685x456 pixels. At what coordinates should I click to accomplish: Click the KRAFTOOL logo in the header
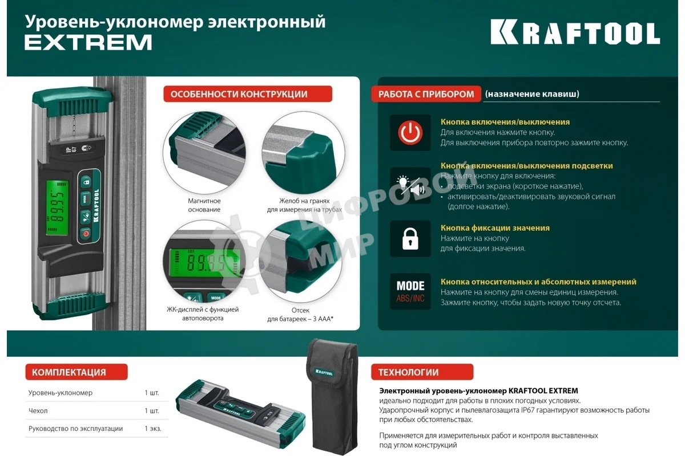[575, 34]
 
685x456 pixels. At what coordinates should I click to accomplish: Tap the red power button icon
[410, 132]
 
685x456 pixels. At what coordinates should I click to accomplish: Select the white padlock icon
[410, 239]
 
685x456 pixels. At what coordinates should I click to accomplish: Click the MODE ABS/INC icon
[410, 291]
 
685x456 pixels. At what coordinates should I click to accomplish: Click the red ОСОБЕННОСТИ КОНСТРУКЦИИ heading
[248, 94]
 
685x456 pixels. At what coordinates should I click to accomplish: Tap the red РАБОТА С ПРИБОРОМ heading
[426, 94]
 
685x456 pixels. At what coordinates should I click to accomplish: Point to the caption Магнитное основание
[204, 205]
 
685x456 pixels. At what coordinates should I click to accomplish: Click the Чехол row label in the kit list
[38, 410]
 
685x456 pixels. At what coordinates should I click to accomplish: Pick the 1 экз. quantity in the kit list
[153, 428]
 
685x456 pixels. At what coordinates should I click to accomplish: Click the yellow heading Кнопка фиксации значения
[495, 228]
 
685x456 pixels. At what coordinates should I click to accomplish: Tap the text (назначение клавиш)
[532, 94]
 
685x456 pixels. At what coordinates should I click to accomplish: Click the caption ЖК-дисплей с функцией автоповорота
[203, 313]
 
